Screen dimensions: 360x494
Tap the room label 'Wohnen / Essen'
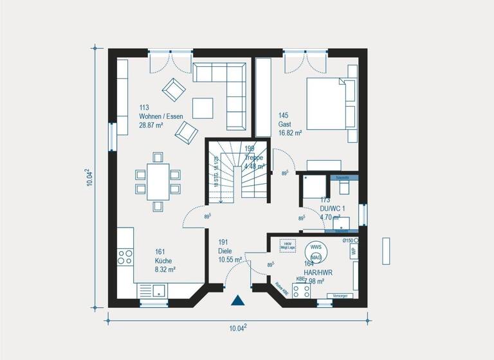coord(161,116)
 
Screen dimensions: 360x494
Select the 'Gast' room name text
coord(284,124)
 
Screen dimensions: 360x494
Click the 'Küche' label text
coord(163,262)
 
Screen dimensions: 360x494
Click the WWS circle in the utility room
coord(316,247)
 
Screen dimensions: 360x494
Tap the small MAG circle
coord(316,257)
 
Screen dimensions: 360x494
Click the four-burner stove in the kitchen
coord(125,257)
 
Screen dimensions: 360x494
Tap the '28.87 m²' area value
coord(151,125)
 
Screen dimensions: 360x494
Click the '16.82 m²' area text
coord(291,133)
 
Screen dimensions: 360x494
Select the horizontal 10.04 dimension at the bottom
coord(238,328)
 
